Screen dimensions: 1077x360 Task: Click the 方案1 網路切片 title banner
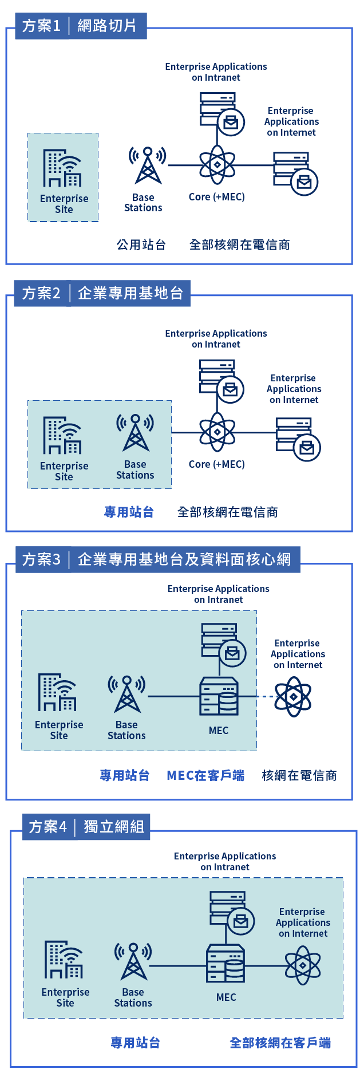80,26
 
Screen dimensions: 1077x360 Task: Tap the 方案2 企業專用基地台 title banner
102,293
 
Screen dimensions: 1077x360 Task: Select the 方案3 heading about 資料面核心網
157,559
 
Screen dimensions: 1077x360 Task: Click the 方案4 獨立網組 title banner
86,827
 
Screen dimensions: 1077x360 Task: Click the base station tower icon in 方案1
148,165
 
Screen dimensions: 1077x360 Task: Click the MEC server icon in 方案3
219,696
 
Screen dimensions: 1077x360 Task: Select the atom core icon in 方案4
303,965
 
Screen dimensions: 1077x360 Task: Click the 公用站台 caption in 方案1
141,245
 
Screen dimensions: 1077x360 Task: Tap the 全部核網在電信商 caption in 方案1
239,245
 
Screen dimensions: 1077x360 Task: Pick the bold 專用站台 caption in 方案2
129,512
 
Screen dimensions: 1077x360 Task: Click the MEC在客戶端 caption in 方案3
205,775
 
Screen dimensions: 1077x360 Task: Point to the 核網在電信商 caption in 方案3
299,775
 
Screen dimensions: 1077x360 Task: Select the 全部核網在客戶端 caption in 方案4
280,1043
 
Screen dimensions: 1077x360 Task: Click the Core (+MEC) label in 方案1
217,197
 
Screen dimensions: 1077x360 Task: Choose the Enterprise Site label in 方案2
64,471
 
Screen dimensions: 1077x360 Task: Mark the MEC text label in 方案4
226,997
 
